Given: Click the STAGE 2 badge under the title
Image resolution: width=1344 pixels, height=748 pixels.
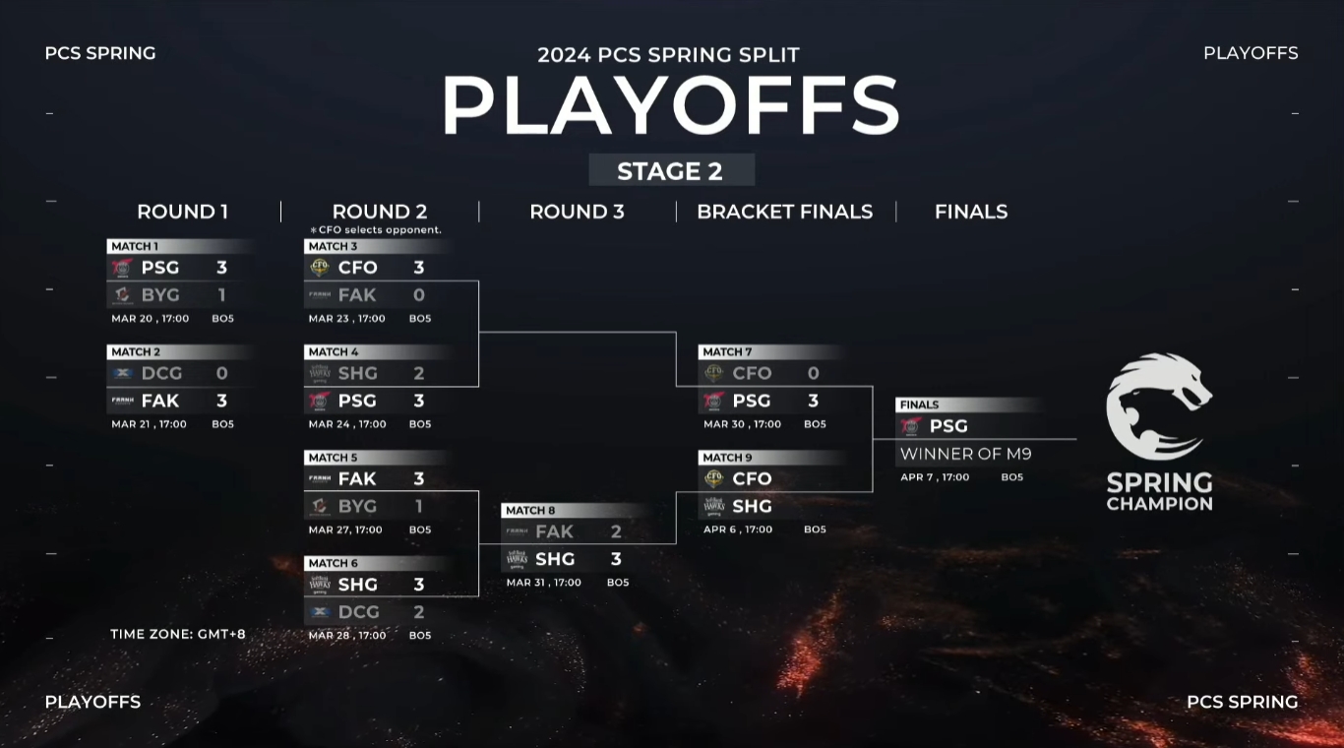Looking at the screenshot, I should point(670,170).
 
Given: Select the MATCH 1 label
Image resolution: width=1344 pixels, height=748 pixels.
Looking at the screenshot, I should point(135,246).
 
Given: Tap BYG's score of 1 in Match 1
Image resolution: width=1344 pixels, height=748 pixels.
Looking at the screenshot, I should point(221,294).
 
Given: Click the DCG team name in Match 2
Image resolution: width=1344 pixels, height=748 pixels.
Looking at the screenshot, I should point(161,373).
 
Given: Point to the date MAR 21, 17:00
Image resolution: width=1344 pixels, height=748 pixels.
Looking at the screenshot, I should point(150,424).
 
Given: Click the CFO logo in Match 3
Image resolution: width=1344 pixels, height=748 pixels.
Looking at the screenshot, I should point(319,267).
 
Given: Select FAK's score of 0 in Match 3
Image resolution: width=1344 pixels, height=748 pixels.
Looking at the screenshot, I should point(418,294).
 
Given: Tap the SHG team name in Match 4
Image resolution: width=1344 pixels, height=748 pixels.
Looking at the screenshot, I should point(357,373).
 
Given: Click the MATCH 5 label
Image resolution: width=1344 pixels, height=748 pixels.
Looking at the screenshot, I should point(333,458).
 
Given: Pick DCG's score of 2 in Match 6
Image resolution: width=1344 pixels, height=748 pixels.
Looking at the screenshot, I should point(418,611).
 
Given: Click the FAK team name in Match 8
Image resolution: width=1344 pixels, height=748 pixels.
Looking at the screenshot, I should point(554,531).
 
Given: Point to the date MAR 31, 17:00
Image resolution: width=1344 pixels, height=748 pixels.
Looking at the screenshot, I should point(544,583).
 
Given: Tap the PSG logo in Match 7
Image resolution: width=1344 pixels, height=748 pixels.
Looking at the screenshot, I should point(713,401).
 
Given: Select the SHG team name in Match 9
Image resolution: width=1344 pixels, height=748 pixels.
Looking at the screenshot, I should point(752,506).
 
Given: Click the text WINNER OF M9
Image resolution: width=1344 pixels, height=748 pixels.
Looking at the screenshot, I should point(965,454).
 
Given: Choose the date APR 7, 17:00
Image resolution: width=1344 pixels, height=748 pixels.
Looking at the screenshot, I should point(935,477).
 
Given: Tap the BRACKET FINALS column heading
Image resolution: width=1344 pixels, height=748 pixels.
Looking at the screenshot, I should point(784,212).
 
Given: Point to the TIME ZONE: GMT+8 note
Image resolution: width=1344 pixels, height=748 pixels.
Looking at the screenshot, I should point(178,634).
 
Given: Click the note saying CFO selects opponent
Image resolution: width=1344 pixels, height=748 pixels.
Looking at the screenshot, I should point(376,230).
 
